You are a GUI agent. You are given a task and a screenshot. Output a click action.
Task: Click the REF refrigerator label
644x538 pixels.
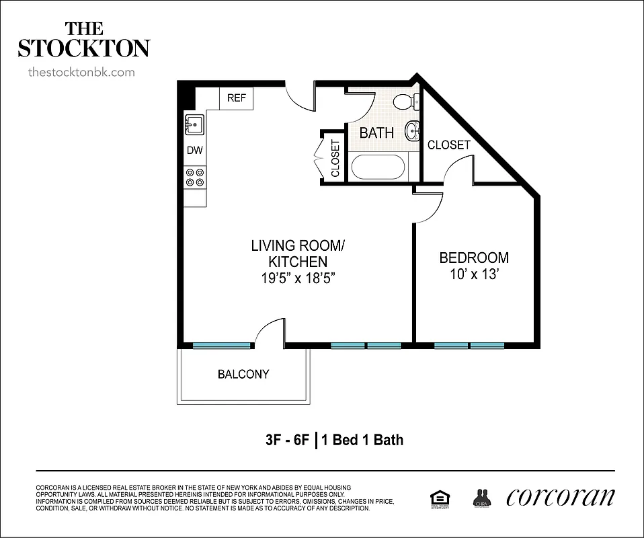[236, 98]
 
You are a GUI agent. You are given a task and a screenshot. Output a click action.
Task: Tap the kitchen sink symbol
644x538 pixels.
[195, 125]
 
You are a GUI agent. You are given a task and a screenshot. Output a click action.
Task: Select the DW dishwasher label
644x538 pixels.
[194, 151]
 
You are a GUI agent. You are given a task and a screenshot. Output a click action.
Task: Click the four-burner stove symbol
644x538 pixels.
[195, 177]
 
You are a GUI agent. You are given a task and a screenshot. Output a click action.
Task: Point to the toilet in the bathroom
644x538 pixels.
[405, 102]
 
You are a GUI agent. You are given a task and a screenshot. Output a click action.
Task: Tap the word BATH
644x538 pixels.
[376, 132]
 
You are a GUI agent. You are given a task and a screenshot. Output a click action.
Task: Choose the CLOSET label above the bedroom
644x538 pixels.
[448, 145]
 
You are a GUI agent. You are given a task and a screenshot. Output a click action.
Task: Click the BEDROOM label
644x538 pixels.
[473, 258]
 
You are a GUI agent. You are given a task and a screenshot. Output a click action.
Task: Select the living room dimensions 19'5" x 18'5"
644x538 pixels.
[298, 278]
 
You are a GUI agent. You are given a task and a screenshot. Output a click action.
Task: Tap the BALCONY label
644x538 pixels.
[243, 374]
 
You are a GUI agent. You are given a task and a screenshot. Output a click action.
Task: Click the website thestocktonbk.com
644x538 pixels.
[81, 72]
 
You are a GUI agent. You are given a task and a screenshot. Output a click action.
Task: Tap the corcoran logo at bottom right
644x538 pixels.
[560, 497]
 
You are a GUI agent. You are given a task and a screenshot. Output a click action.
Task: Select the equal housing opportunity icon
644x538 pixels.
[440, 498]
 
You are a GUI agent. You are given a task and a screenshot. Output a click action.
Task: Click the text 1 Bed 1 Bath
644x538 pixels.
[362, 440]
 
